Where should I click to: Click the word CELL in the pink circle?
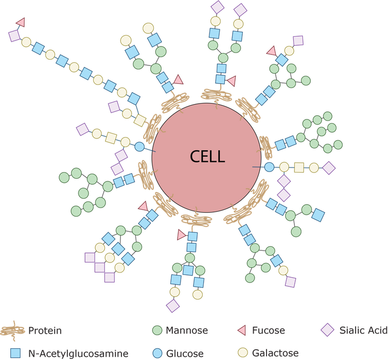207,156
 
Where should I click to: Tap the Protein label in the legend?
45,330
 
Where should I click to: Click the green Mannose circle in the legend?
157,330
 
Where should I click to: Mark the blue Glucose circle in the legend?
157,353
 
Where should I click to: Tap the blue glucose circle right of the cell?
269,167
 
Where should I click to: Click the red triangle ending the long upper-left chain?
21,22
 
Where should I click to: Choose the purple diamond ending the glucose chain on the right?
328,167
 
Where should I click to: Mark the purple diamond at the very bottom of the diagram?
173,305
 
